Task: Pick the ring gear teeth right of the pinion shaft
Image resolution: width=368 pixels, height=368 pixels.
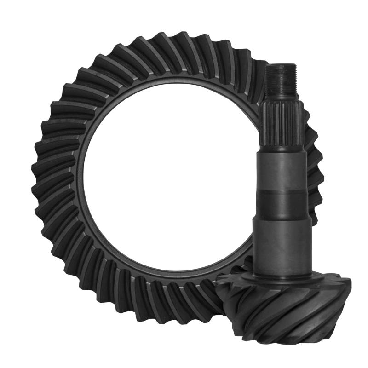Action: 315,170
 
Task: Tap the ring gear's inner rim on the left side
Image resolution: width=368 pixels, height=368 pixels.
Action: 80,179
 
